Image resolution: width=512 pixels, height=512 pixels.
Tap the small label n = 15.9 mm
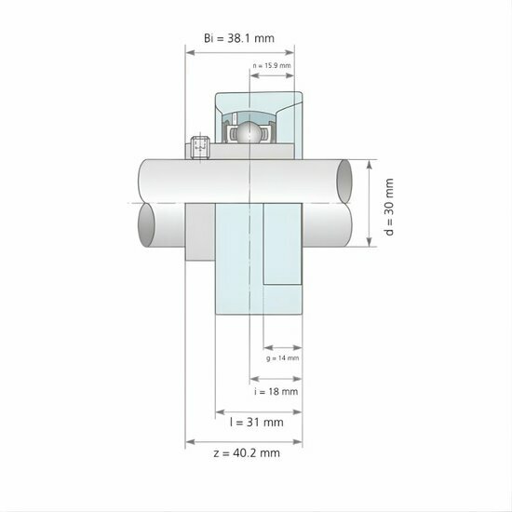(x=273, y=65)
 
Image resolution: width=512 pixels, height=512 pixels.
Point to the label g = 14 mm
(x=281, y=357)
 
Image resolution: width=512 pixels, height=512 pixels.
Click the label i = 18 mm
(x=276, y=392)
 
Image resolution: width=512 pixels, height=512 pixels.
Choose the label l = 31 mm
(x=256, y=422)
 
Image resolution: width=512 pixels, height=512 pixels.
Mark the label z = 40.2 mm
(x=246, y=452)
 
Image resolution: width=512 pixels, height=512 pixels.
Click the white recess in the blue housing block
(x=282, y=244)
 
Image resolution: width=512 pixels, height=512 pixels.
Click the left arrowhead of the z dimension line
(x=190, y=439)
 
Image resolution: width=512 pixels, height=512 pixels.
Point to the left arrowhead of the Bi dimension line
(x=190, y=52)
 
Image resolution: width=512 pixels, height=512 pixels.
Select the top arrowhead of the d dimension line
(x=370, y=163)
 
